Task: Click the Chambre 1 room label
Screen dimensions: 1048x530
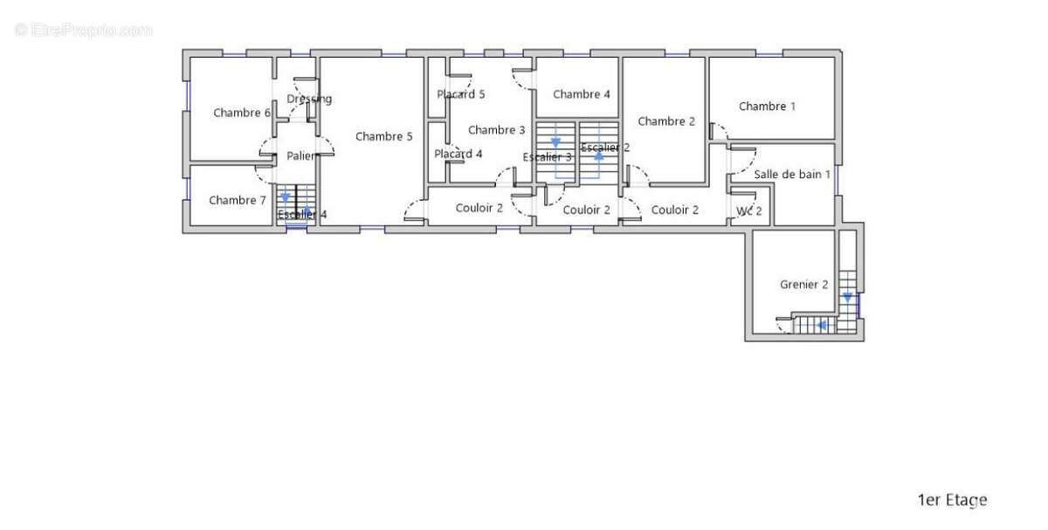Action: [767, 107]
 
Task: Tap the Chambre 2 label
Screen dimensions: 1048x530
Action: [666, 121]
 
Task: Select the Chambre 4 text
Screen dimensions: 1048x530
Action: [582, 94]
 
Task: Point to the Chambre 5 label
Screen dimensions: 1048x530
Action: [383, 136]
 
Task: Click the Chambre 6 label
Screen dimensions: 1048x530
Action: [242, 113]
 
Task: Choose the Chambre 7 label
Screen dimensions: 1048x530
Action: [238, 200]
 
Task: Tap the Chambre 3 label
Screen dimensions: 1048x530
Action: [496, 129]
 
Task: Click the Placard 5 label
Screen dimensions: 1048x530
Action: [461, 94]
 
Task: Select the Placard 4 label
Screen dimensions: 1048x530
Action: [458, 154]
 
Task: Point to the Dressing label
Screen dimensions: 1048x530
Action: [309, 100]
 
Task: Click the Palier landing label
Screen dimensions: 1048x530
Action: [300, 155]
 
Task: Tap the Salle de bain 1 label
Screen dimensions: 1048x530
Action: [792, 175]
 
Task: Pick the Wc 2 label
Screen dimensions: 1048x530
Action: [749, 211]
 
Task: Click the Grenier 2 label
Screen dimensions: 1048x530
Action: [803, 285]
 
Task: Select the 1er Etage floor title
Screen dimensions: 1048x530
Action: [953, 500]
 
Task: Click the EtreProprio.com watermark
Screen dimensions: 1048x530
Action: [83, 31]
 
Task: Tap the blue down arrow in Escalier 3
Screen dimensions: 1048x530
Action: [555, 142]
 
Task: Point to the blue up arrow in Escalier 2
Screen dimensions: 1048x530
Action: [598, 155]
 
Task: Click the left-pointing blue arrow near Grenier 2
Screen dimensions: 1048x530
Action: [821, 325]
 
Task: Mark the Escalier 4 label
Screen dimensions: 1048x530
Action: [302, 215]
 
